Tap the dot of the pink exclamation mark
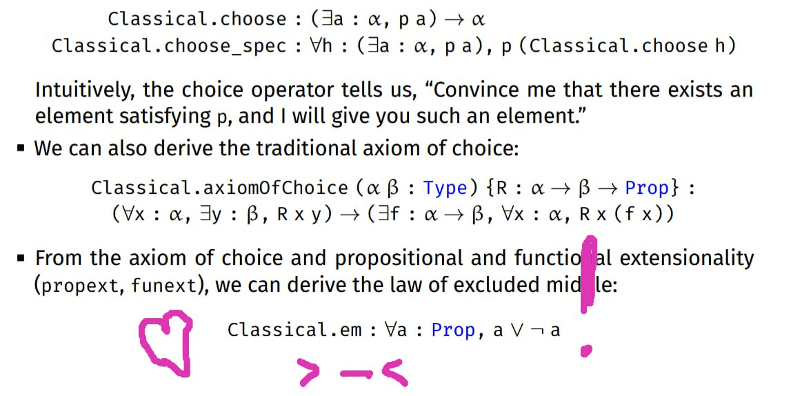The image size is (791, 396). click(586, 350)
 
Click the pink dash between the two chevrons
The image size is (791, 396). click(356, 374)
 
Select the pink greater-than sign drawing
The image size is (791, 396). click(309, 373)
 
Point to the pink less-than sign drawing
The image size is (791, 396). click(394, 373)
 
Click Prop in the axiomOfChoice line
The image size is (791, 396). click(648, 188)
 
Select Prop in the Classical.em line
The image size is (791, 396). click(454, 330)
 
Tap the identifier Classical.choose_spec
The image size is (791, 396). click(170, 46)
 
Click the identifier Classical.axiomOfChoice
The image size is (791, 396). click(219, 188)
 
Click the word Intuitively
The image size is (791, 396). click(85, 91)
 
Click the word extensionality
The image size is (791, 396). click(687, 258)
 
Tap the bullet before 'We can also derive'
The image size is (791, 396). click(20, 148)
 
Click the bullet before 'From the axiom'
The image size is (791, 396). click(20, 258)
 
